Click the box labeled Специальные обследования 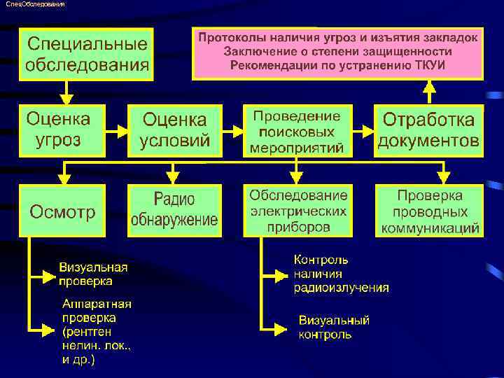coord(86,55)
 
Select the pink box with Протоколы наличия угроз coord(337,52)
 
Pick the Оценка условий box coord(174,130)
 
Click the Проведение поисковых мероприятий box coord(296,130)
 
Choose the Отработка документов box coord(429,130)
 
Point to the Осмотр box coord(62,211)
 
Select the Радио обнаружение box coord(174,211)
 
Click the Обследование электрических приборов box coord(297,211)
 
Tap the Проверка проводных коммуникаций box coord(429,211)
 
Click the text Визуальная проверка coord(93,274)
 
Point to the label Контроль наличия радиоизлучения coord(341,274)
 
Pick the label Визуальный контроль coord(334,328)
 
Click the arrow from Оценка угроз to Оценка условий coord(116,131)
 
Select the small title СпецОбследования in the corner coord(34,5)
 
